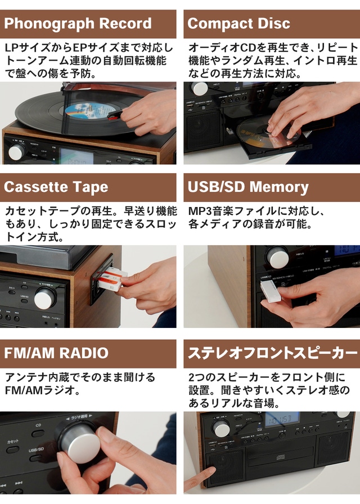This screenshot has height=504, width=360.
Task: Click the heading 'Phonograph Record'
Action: (78, 24)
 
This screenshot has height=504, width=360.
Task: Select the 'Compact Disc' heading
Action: (239, 24)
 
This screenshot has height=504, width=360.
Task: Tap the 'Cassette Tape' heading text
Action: (56, 187)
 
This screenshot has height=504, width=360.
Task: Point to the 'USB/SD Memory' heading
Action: (248, 187)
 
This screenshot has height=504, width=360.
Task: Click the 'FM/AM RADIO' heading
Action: (56, 353)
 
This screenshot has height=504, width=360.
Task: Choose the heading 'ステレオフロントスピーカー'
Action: (272, 353)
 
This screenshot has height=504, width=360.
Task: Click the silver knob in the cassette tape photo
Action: (46, 298)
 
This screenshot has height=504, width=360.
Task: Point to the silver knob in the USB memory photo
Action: (277, 256)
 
